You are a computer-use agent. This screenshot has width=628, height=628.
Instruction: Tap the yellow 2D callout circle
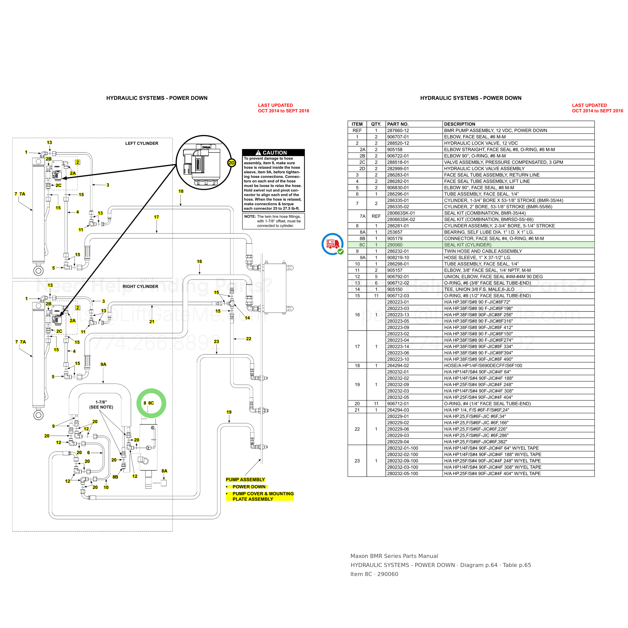click(x=231, y=163)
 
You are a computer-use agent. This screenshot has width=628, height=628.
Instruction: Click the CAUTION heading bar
click(x=273, y=152)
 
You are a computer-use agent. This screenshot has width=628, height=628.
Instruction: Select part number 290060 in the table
click(x=395, y=245)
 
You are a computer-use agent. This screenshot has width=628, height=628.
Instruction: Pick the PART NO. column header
click(x=398, y=124)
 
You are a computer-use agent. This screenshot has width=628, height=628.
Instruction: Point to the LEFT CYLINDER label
click(x=142, y=143)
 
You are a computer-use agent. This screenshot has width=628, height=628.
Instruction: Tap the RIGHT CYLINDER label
click(x=140, y=286)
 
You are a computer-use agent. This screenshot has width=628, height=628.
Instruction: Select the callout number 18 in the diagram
click(x=181, y=191)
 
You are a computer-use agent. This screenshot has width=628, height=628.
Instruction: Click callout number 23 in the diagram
click(x=217, y=341)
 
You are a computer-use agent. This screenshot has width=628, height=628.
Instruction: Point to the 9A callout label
click(x=103, y=364)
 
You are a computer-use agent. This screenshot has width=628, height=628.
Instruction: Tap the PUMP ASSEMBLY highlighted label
click(x=245, y=480)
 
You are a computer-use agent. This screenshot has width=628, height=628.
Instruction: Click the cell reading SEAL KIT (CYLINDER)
click(x=468, y=245)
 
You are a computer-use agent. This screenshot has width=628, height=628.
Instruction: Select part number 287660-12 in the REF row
click(x=398, y=130)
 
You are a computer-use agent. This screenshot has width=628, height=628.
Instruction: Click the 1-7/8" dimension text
click(x=101, y=402)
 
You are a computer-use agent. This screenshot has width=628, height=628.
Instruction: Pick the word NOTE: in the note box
click(x=250, y=217)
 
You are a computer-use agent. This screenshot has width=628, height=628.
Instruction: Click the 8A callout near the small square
click(x=165, y=471)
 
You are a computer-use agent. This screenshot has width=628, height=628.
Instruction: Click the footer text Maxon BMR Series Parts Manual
click(x=394, y=556)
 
